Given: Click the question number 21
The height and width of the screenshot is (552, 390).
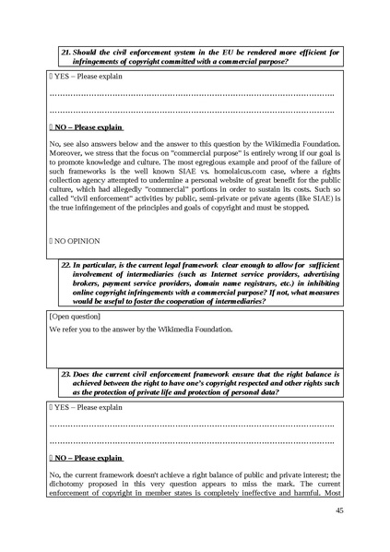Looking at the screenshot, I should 65,52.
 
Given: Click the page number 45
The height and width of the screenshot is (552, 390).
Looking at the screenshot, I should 339,510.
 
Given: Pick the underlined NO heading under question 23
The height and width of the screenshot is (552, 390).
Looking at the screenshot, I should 88,456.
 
